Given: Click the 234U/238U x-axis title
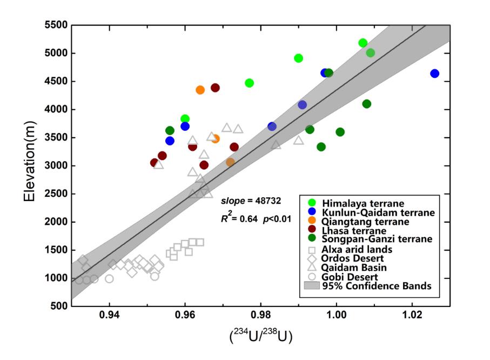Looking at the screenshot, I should (x=260, y=336).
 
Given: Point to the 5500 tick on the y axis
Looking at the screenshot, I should (x=53, y=25).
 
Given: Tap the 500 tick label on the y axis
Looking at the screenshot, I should (x=57, y=306).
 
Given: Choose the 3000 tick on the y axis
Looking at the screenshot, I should (x=53, y=165).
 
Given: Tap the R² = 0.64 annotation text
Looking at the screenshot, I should (x=236, y=219).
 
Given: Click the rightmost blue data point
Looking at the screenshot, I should (x=434, y=74).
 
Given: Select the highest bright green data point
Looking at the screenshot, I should (x=363, y=43).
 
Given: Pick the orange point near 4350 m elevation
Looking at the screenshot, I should (x=200, y=90).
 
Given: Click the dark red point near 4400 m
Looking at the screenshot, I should (x=215, y=88).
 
